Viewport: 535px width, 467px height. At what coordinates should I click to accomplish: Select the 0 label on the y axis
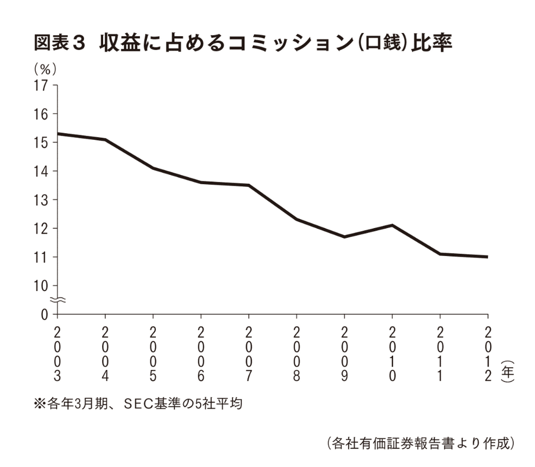tap(45, 314)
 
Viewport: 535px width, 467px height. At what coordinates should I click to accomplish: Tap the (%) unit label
tap(45, 69)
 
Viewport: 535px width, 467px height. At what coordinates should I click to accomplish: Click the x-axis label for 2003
tap(57, 353)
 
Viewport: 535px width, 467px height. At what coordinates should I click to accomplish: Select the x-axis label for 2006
tap(201, 353)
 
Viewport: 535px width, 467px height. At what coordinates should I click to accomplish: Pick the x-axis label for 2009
tap(344, 353)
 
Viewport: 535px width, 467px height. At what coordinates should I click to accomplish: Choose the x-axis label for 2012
tap(488, 353)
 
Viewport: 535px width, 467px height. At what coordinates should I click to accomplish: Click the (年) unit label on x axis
tap(508, 371)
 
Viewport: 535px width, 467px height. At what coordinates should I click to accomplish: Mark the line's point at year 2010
tap(392, 225)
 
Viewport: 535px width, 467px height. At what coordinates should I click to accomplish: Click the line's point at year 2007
tap(249, 185)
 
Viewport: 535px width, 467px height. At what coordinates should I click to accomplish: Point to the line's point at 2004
tap(105, 139)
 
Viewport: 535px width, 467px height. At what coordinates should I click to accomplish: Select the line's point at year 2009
tap(344, 237)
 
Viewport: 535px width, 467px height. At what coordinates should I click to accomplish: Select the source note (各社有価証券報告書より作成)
tap(420, 443)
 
